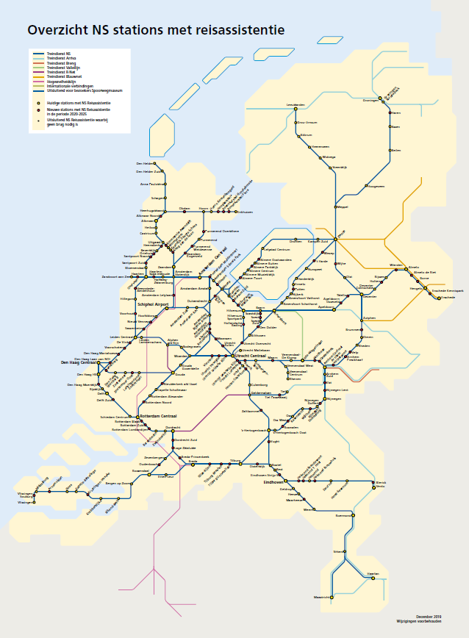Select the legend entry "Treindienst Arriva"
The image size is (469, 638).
click(x=61, y=59)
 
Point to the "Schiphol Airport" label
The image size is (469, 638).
click(x=153, y=304)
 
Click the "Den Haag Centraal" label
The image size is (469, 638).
click(x=79, y=363)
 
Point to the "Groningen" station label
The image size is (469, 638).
click(x=370, y=101)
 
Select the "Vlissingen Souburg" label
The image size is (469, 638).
click(x=26, y=496)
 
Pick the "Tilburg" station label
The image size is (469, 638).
click(x=235, y=460)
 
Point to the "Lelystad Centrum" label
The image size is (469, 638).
click(x=278, y=250)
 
